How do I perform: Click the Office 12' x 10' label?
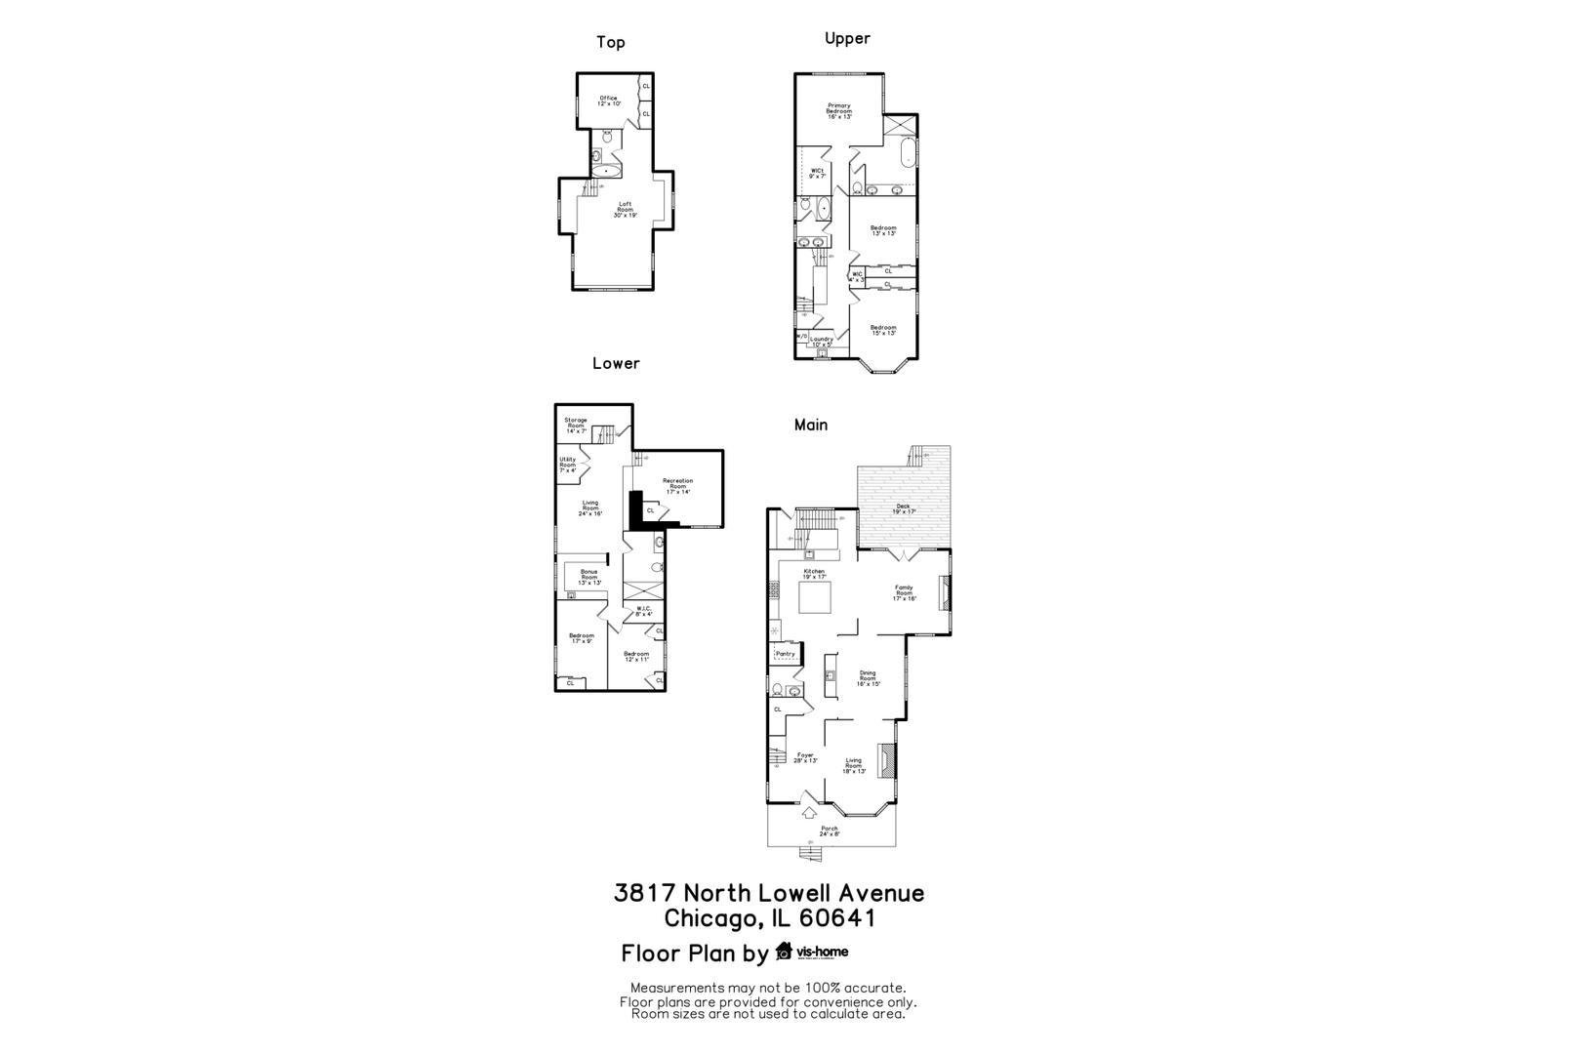click(608, 101)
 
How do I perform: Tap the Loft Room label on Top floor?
click(625, 210)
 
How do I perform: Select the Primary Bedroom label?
click(839, 110)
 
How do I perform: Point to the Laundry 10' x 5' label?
click(822, 342)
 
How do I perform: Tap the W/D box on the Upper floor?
click(802, 337)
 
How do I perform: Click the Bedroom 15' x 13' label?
click(883, 330)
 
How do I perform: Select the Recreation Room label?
click(677, 486)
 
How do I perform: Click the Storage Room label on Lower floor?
click(575, 425)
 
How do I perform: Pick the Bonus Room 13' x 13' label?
click(588, 578)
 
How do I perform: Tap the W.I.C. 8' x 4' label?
click(643, 612)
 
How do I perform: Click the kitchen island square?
click(815, 596)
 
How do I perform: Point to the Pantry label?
click(785, 654)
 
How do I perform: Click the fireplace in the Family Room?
click(943, 593)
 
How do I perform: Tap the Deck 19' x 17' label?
click(903, 508)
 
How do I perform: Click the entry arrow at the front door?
click(809, 812)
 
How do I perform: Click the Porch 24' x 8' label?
click(829, 831)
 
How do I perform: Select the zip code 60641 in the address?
click(836, 918)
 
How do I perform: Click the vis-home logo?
click(812, 952)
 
